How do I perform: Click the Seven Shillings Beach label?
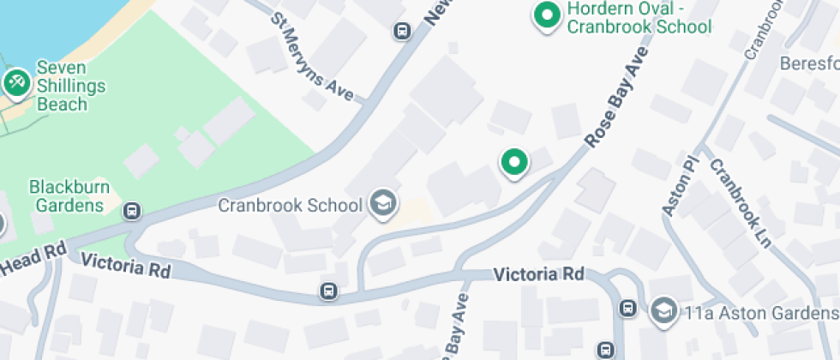(x=71, y=86)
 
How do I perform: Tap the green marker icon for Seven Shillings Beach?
(x=15, y=82)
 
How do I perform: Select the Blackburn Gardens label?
(x=66, y=195)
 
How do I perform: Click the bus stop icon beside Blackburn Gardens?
(x=131, y=210)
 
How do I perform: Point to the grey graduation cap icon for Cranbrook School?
(x=383, y=204)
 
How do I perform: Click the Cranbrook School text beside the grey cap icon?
(x=290, y=206)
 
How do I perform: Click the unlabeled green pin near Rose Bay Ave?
(x=513, y=162)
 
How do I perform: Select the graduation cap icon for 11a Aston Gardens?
(x=663, y=310)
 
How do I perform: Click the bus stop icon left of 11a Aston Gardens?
(x=627, y=308)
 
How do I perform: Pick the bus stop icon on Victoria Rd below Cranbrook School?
(x=328, y=291)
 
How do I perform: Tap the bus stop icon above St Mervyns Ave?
(x=400, y=32)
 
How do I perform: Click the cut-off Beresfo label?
(x=809, y=64)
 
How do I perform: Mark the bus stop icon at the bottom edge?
(x=606, y=350)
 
